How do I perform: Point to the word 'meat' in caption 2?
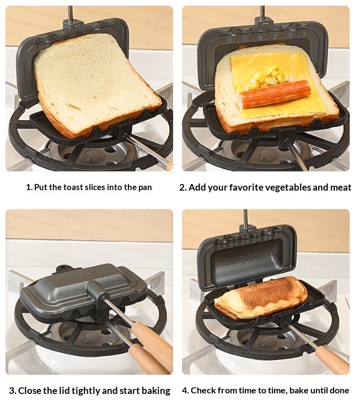[x=341, y=187]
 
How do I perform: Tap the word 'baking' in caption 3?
[x=155, y=391]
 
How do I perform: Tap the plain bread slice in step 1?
[x=98, y=84]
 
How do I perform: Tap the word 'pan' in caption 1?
[x=145, y=188]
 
